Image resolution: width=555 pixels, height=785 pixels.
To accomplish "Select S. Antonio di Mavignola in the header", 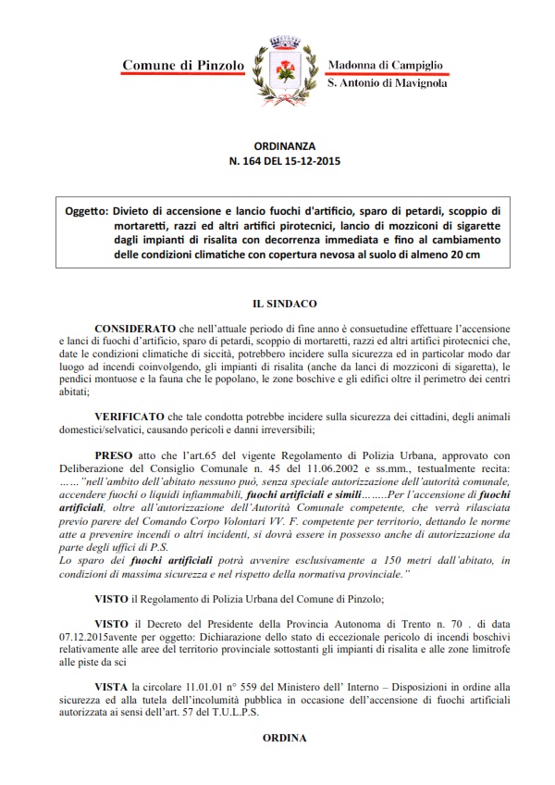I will coord(387,83).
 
